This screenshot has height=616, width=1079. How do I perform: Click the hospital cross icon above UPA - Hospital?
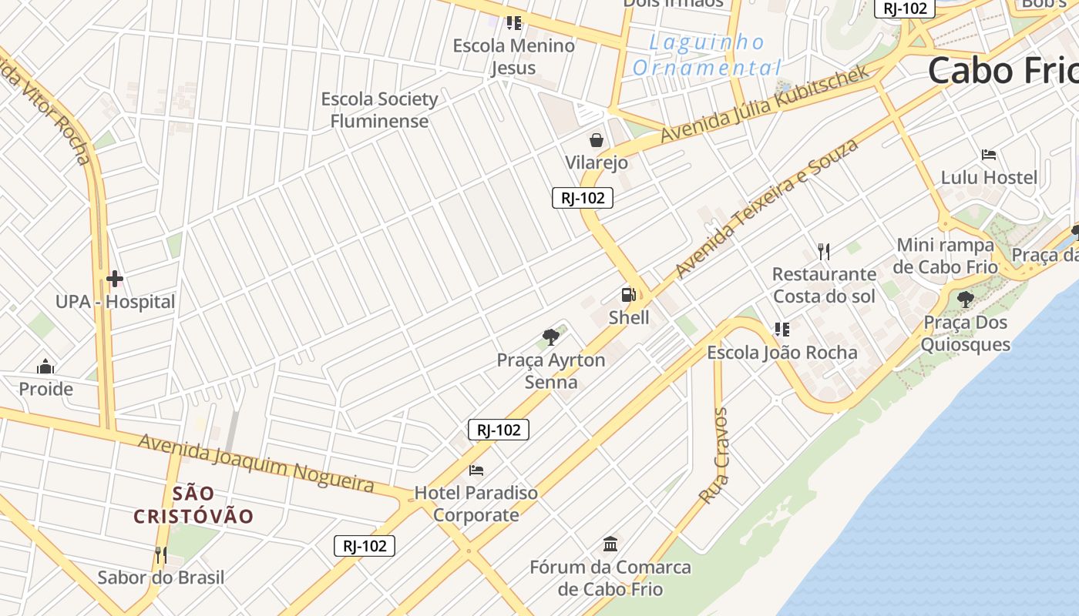point(115,279)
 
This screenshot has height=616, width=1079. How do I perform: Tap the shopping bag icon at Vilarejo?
point(596,140)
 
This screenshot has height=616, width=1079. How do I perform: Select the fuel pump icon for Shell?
point(628,294)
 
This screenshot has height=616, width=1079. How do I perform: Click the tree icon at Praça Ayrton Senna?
point(550,336)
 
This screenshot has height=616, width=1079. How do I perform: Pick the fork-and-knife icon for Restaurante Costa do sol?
point(824,251)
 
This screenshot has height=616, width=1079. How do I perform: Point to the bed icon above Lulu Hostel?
point(989,155)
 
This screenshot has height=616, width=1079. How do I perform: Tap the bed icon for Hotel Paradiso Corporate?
point(476,470)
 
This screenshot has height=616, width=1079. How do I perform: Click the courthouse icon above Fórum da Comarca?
point(610,544)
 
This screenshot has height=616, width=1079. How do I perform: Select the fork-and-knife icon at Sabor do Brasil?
point(160,554)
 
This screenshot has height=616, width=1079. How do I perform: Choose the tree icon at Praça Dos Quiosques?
point(965,300)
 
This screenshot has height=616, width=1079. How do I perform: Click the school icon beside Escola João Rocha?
point(782,330)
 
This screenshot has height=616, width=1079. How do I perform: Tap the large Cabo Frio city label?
point(1002,71)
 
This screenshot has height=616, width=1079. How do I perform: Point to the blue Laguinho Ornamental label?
point(707,55)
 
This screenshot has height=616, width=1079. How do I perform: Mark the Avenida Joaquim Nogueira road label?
point(256,463)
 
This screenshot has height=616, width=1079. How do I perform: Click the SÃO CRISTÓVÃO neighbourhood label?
point(193,504)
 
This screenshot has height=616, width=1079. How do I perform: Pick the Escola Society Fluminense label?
point(379,110)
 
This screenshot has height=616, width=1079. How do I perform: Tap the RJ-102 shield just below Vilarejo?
point(583,198)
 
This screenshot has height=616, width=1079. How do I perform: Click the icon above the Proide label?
point(45,366)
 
